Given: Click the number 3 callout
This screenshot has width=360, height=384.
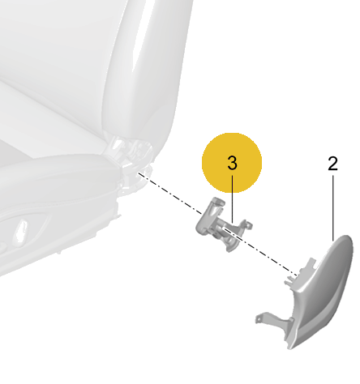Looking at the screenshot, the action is point(232,163).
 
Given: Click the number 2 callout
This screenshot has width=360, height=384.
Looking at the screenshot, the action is point(332,164).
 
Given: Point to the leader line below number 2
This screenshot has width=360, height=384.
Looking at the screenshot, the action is point(333,208).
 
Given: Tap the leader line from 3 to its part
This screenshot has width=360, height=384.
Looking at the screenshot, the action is point(233,199).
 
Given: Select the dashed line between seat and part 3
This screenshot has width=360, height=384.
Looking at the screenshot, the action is point(170,194).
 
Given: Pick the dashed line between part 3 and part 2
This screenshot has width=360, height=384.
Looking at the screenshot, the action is point(260,251).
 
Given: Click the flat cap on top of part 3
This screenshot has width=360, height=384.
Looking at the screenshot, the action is point(218,201).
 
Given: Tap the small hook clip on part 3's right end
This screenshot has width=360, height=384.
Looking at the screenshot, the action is point(247,224).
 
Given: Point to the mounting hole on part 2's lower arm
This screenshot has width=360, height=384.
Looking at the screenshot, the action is point(258,319).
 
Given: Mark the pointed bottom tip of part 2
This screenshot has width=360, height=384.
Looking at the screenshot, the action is point(290,348).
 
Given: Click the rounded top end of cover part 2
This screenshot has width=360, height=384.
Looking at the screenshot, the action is point(346,241).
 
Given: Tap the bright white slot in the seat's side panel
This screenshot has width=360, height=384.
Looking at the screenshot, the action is point(22,228).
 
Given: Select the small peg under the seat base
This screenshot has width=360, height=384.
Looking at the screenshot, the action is point(58,252).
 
